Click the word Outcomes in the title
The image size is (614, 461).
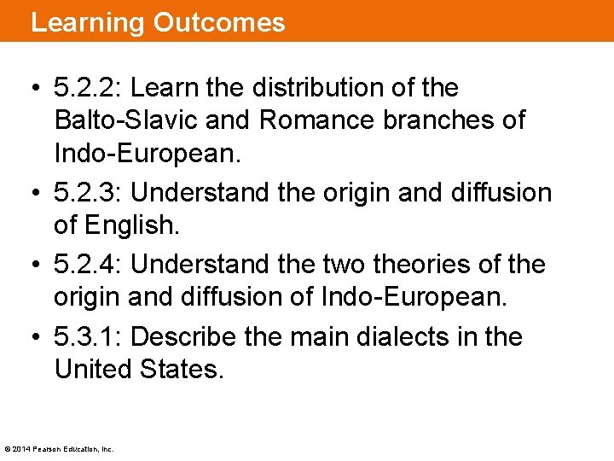219,22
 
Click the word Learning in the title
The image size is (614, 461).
88,22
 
